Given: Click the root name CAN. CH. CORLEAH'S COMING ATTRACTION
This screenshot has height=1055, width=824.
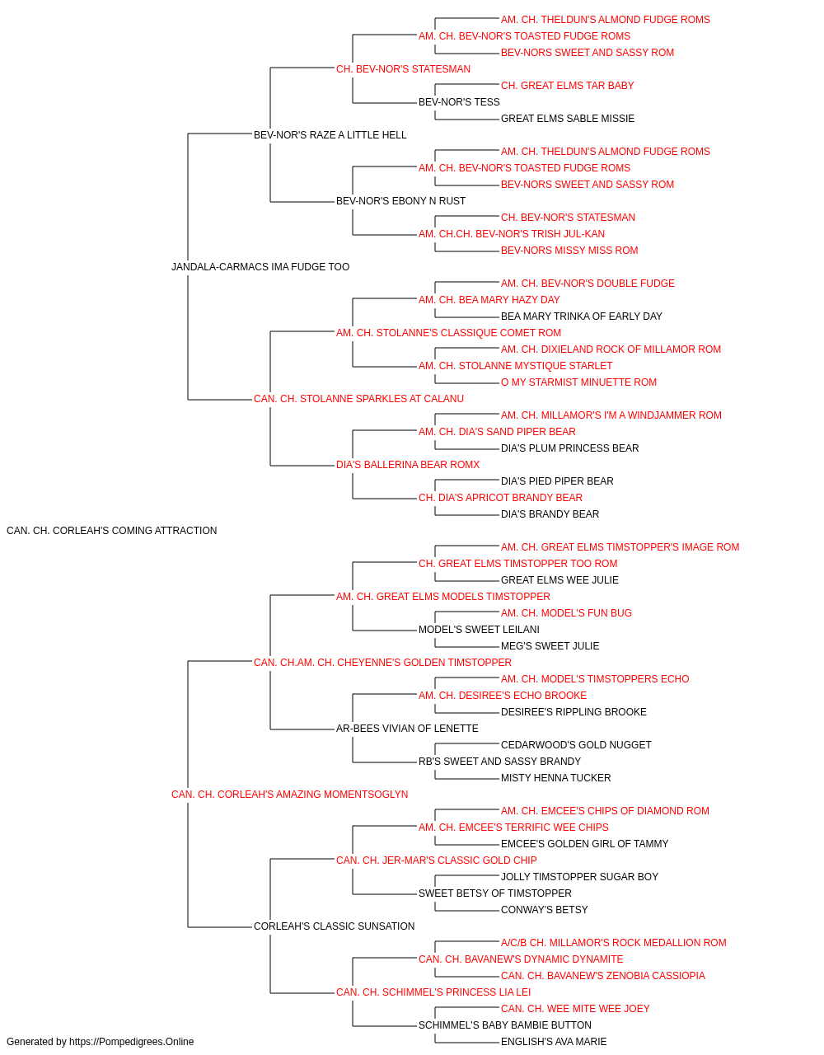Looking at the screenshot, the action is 111,531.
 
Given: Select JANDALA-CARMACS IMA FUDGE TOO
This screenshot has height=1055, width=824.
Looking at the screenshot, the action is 260,267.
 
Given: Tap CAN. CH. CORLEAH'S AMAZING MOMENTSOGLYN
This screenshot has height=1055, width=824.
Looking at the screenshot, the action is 290,795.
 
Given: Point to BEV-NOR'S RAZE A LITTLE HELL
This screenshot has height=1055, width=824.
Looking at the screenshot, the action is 330,135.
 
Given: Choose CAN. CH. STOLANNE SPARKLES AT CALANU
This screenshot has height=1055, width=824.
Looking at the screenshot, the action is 358,399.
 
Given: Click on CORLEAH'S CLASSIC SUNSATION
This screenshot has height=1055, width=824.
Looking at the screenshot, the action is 335,926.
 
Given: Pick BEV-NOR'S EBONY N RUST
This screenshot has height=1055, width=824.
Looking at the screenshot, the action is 400,201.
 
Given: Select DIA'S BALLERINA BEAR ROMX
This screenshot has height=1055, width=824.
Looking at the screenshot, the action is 408,465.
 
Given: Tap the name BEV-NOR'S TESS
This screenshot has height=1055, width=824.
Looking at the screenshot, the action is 459,102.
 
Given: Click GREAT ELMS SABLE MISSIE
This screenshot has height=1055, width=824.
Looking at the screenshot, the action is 568,119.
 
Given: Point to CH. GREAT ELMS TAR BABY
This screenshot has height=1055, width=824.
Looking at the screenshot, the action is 568,86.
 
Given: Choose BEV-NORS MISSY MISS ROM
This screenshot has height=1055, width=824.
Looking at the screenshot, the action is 569,251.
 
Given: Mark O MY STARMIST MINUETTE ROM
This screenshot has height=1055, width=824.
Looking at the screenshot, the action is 579,382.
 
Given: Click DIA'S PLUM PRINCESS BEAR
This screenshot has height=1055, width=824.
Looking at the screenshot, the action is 569,448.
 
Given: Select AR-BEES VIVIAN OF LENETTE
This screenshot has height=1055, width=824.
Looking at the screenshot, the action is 407,729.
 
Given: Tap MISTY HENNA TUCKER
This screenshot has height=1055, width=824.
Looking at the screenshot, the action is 555,778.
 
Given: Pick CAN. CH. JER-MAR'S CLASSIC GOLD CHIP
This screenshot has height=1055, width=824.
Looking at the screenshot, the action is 436,860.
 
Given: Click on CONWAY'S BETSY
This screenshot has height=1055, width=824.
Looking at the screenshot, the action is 545,910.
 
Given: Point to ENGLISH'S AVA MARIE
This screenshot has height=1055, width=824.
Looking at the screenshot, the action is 554,1042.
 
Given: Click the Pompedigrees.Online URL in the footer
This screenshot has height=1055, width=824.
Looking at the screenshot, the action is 132,1042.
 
